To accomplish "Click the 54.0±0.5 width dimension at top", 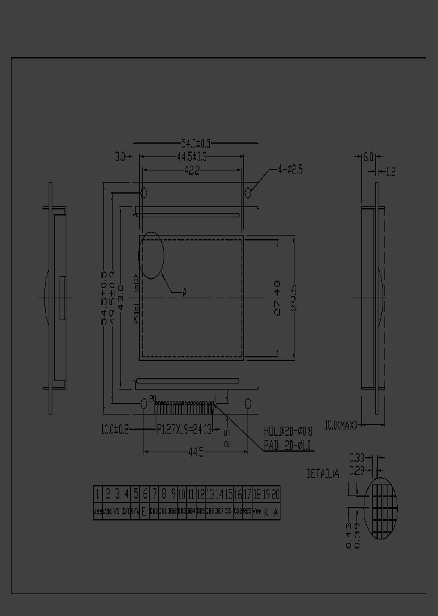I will [196, 144].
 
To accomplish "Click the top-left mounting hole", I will [144, 193].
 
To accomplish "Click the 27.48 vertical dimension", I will [278, 298].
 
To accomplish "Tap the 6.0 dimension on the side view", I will [368, 157].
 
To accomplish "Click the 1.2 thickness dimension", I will [390, 172].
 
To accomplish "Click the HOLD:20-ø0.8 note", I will [288, 431].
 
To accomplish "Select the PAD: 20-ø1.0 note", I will [288, 446].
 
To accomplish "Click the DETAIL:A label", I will [323, 474].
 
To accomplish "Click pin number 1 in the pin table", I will [97, 494].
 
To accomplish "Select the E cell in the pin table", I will [144, 512].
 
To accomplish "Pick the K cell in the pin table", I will [266, 512].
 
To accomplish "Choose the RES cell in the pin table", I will [248, 512].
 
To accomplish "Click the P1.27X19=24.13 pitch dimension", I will [184, 429].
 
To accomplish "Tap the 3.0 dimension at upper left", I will [119, 157].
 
